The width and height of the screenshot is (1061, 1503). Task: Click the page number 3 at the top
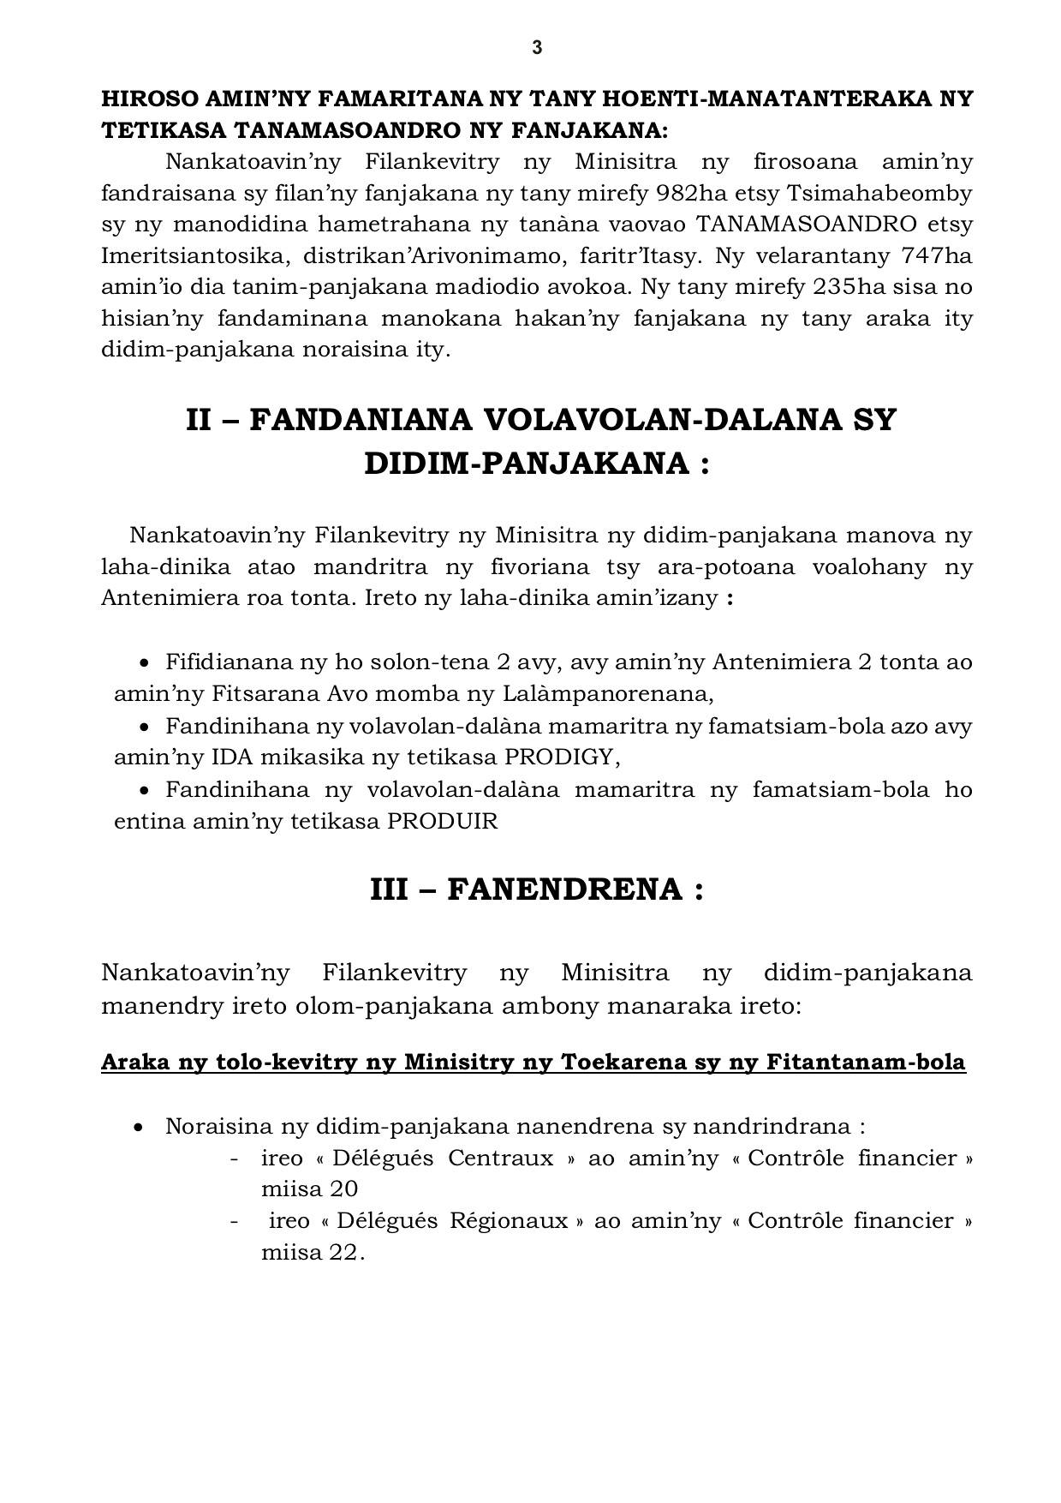[x=537, y=48]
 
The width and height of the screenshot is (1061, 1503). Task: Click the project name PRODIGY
[x=559, y=757]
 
